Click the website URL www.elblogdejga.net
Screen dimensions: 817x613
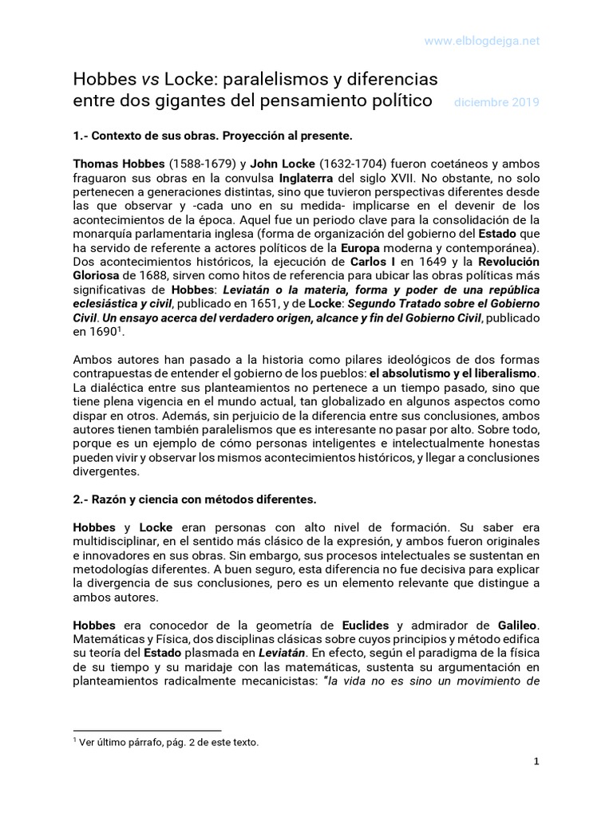[481, 40]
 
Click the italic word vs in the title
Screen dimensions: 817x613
[149, 79]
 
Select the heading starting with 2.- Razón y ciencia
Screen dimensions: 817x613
[195, 499]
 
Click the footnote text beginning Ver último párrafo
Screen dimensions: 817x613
[168, 742]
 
